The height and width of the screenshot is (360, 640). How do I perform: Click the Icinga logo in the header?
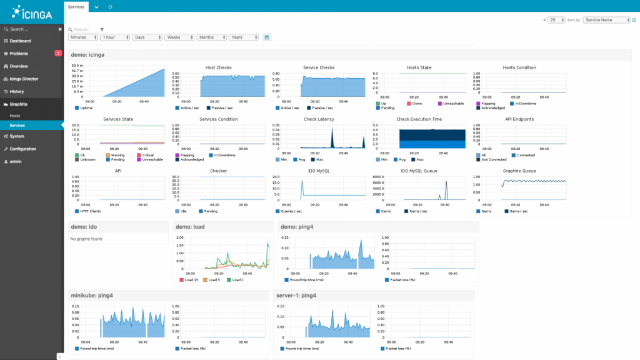[31, 12]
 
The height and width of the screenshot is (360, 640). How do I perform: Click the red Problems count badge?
[58, 54]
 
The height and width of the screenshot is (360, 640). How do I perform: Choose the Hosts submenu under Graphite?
[15, 116]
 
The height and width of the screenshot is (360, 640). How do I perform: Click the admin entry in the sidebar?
[17, 161]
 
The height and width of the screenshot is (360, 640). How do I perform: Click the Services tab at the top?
[76, 6]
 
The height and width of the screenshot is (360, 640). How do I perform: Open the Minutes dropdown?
[83, 37]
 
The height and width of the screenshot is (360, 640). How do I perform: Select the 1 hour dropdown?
[115, 37]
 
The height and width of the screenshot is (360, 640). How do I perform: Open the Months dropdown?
[211, 37]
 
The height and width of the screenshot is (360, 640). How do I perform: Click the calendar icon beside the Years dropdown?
[267, 37]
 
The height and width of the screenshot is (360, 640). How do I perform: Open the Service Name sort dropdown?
[607, 20]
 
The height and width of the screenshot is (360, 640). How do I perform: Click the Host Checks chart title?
[218, 67]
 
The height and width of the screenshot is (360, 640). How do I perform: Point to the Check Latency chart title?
[318, 119]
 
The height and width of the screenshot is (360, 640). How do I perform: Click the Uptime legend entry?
[86, 108]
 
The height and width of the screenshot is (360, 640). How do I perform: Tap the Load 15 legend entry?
[191, 280]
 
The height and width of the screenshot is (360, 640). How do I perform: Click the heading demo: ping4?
[297, 227]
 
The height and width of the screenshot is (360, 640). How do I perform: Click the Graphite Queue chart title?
[519, 170]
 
